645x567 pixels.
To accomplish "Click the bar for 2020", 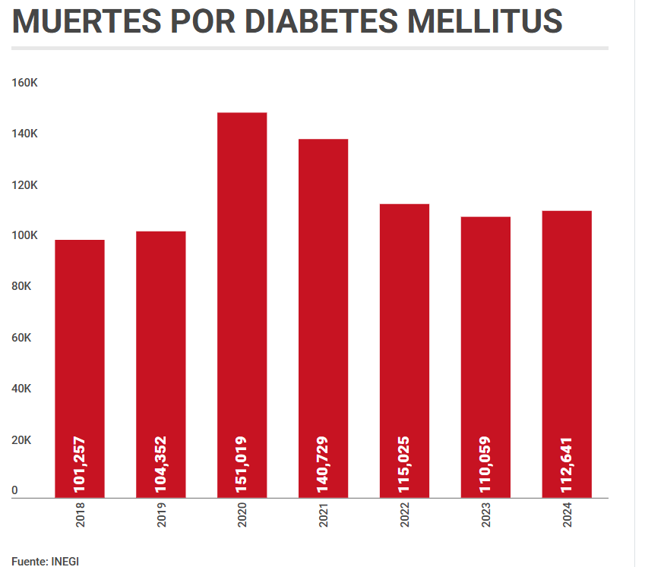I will coord(242,304).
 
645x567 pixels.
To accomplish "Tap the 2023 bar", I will coord(485,357).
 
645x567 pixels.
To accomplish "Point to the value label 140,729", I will coord(323,463).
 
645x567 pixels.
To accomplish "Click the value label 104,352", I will coord(160,463).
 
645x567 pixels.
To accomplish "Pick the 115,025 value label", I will coord(404,463).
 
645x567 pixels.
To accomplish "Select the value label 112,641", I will coord(567,463).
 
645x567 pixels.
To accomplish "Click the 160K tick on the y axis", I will coord(24,82).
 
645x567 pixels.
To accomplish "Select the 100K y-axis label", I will coord(24,235).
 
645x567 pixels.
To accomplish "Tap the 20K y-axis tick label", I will coord(21,440).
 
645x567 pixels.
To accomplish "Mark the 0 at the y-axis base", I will coord(14,491).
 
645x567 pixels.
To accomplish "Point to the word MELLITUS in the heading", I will coord(485,22).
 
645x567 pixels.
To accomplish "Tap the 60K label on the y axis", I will coord(21,338).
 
